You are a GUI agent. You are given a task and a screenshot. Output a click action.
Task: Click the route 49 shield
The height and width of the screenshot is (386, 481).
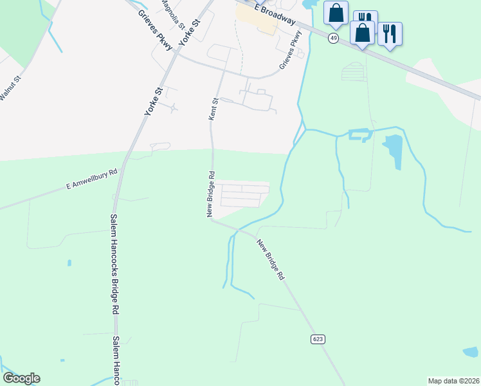333,38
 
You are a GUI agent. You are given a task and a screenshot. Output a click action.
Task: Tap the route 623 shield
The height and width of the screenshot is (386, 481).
318,338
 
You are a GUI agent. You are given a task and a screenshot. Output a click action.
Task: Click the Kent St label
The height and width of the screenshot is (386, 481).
214,109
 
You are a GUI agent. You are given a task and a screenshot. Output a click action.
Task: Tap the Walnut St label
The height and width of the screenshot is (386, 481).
10,88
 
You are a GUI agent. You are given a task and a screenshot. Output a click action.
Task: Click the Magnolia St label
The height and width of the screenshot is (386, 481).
172,9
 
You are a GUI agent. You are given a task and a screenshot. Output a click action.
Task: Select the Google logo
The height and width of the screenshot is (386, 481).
21,378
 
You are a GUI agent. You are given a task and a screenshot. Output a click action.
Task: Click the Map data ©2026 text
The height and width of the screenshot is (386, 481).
453,381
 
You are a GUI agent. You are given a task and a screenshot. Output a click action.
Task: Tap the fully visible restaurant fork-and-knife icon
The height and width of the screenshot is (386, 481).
390,33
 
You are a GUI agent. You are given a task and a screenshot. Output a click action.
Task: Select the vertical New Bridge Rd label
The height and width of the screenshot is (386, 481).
210,194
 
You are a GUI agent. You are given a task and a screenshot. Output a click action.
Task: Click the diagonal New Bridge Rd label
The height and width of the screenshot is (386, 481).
270,259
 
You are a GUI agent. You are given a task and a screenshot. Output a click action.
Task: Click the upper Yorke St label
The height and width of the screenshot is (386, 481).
191,30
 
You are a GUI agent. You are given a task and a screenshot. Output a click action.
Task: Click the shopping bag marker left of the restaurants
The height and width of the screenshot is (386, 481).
336,12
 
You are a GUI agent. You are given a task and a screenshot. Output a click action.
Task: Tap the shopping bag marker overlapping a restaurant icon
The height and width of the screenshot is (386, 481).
362,33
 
